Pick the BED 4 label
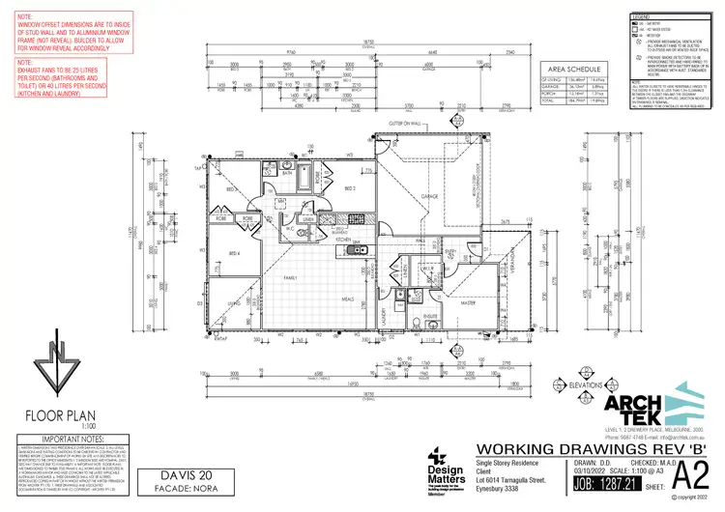click(x=235, y=253)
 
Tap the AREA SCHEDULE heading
click(x=574, y=71)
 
